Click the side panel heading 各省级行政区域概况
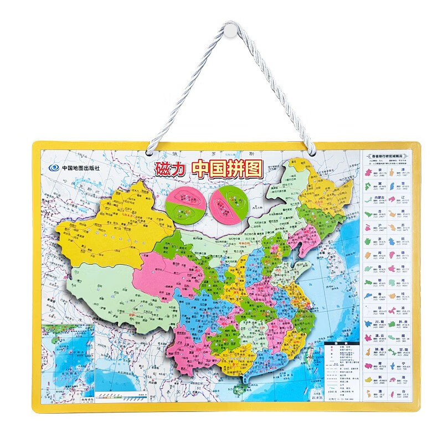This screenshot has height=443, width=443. [x=390, y=157]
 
